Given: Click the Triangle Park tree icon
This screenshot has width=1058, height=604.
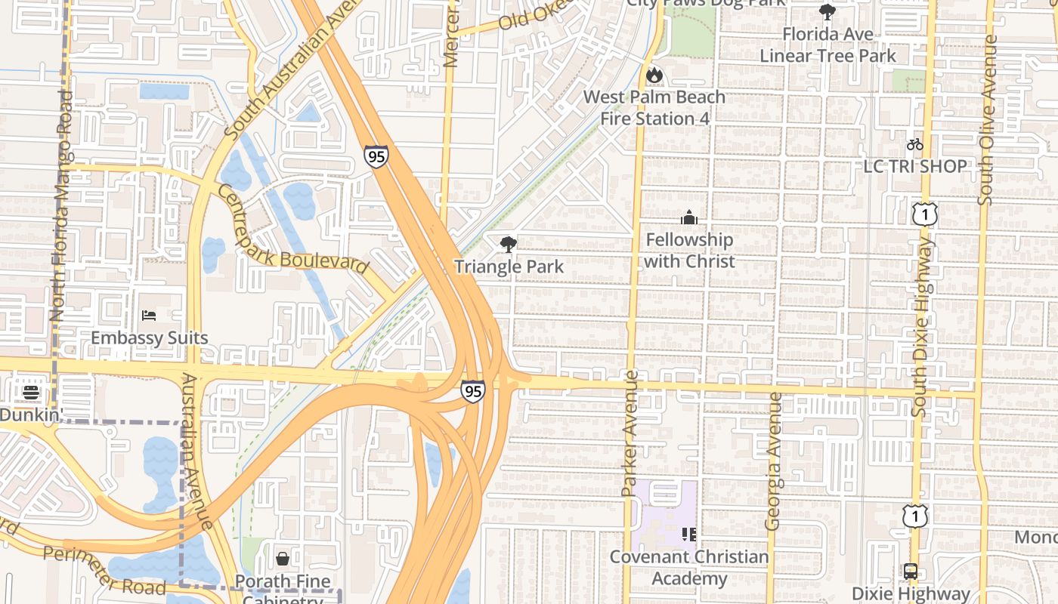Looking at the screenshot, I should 509,244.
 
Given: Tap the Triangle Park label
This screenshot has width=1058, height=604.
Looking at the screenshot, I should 509,267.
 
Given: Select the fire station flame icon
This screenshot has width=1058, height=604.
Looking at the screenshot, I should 654,75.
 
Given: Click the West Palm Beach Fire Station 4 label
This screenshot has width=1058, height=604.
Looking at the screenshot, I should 654,108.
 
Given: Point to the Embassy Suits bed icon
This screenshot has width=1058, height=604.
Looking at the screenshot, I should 149,316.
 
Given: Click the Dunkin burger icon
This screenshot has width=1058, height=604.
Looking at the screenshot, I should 31,392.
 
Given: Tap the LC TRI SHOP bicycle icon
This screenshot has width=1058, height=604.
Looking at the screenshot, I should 914,144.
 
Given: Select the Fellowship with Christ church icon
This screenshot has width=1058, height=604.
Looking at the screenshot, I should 688,218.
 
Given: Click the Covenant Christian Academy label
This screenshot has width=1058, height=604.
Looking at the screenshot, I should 689,568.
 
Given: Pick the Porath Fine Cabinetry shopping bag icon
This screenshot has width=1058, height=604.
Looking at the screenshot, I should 283,559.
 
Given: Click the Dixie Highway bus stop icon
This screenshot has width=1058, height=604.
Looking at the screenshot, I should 910,572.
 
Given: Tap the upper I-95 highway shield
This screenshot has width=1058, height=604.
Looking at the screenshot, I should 376,156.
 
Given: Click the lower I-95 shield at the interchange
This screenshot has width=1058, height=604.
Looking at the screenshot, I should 472,390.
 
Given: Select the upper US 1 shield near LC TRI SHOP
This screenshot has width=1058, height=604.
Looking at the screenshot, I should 924,214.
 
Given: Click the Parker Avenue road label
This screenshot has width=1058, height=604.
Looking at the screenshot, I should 630,433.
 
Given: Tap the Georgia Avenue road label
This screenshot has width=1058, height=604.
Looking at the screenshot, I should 773,461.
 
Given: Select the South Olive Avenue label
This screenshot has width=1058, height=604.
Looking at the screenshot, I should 986,121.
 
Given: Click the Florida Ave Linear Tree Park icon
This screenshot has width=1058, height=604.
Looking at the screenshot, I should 827,12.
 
